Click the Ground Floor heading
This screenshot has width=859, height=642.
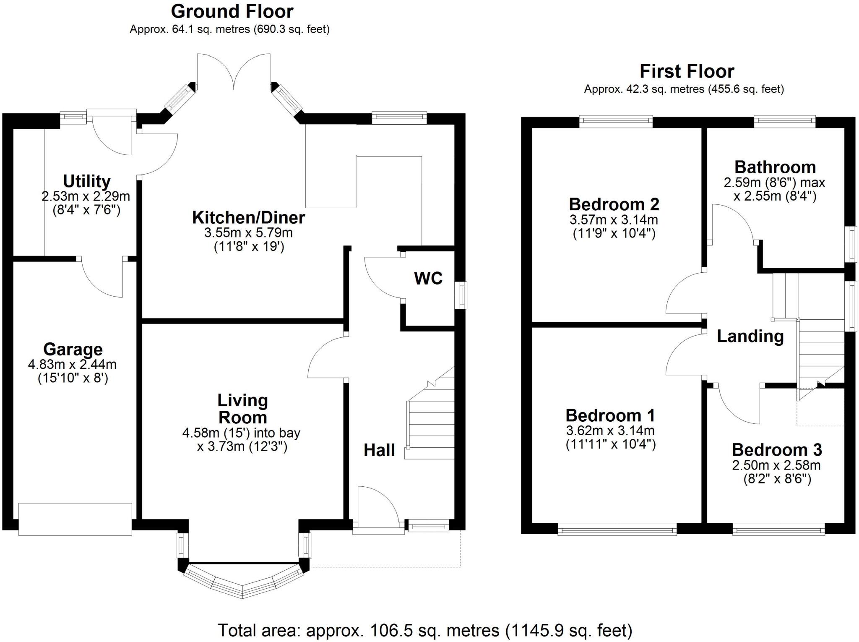(232, 11)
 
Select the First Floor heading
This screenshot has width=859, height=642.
(687, 71)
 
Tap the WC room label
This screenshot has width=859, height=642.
(428, 278)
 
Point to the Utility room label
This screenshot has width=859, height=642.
(87, 181)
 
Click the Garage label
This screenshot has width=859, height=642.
(73, 349)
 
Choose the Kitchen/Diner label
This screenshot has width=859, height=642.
(249, 217)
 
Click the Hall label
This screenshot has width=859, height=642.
(379, 450)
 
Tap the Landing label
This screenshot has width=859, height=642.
(750, 336)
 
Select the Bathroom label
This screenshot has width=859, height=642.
(775, 167)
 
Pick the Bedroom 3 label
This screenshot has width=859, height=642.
(777, 450)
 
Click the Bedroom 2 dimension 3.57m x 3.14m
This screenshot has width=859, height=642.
(614, 219)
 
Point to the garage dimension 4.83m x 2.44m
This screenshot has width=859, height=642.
(72, 364)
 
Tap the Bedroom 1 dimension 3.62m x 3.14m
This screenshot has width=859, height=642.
(610, 431)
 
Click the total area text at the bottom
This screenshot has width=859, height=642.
(425, 630)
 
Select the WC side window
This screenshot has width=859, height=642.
(463, 295)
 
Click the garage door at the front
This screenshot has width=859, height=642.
(75, 519)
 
